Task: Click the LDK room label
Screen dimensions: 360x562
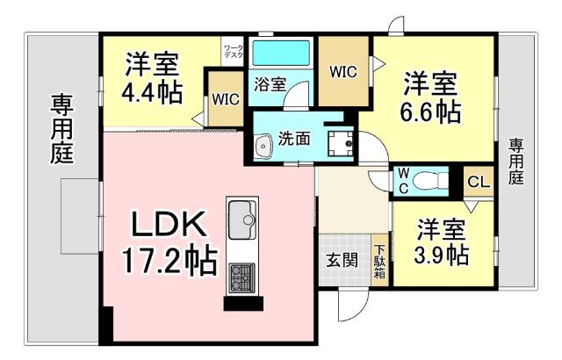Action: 170,226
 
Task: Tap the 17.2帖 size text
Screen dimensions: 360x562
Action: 170,261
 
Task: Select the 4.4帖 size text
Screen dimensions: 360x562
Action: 151,90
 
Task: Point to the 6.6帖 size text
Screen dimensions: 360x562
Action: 431,112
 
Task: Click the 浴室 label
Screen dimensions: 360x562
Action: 270,85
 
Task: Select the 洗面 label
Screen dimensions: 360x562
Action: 293,138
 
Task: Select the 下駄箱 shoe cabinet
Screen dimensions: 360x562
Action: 380,260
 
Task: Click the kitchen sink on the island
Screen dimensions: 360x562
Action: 241,216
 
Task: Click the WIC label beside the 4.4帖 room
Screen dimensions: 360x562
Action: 225,98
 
